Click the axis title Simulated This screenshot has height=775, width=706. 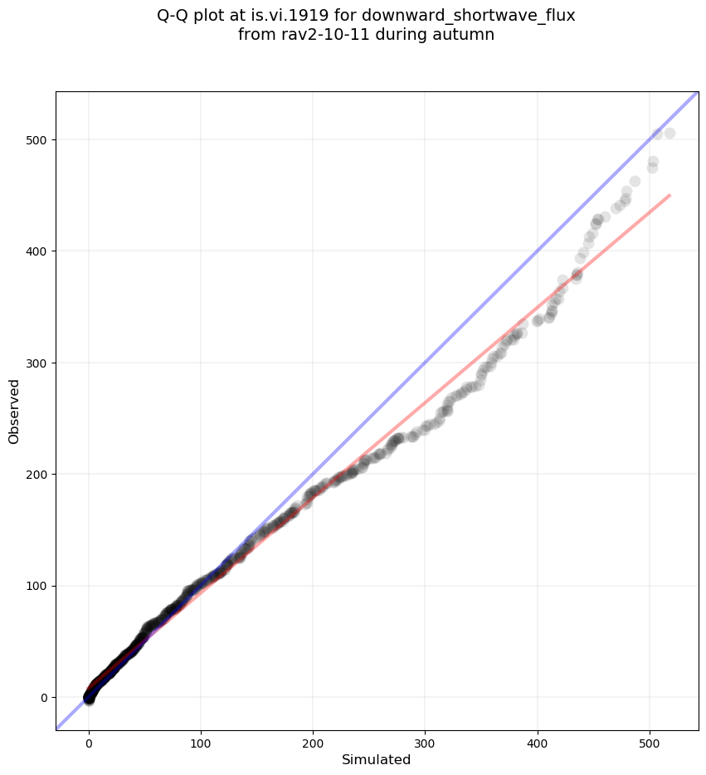tap(377, 760)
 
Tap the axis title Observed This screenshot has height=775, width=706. tap(14, 411)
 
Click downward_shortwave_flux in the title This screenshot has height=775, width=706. tap(494, 15)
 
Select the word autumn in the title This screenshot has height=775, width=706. tap(467, 35)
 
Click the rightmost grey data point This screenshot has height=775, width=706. tap(669, 133)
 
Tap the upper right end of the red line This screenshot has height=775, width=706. tap(669, 195)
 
